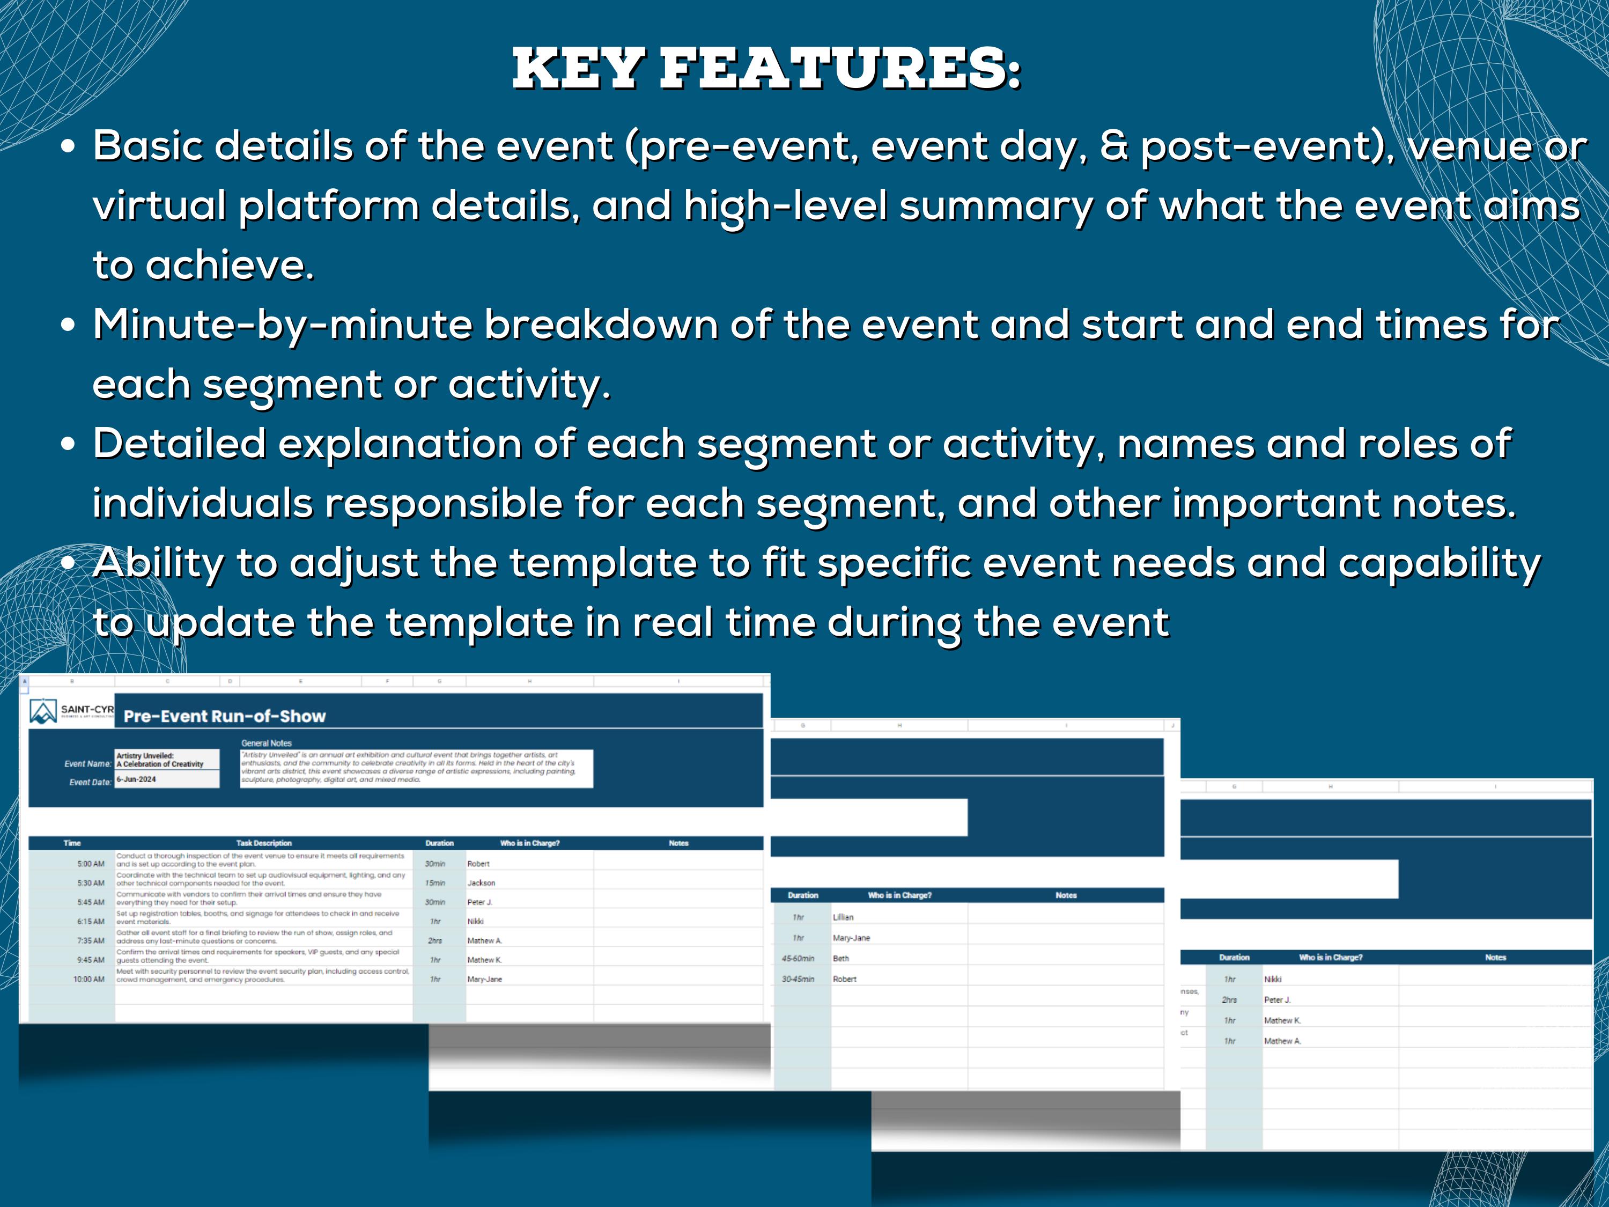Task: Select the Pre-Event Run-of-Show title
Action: click(x=224, y=716)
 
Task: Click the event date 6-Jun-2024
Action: click(x=136, y=779)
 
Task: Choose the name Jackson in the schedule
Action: click(x=481, y=883)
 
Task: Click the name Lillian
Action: click(x=843, y=917)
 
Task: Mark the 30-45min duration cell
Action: click(x=798, y=979)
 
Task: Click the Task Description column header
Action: click(x=263, y=843)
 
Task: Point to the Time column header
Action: click(x=72, y=843)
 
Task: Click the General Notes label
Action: click(x=266, y=744)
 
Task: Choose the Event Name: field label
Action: click(x=88, y=764)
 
